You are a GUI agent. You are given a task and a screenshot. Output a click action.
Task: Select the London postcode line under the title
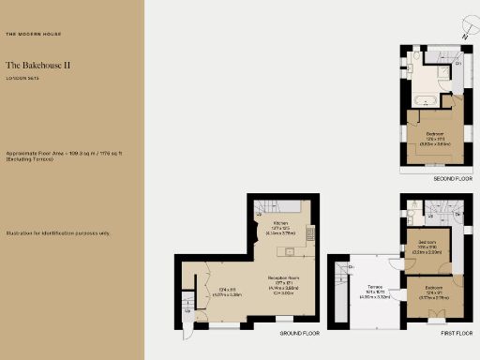coord(22,79)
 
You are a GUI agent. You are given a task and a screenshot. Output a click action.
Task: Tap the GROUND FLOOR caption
coord(300,333)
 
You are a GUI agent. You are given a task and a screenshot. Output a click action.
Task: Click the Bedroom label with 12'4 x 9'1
coord(432,290)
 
